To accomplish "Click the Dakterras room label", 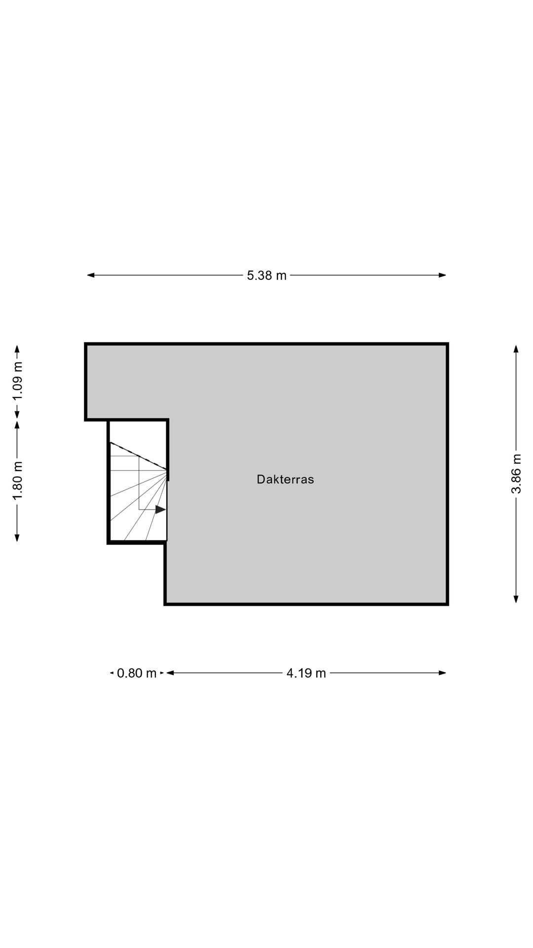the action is point(285,479).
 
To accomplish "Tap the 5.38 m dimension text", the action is point(266,276).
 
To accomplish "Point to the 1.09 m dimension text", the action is point(17,382).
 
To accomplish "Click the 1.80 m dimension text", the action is point(17,481).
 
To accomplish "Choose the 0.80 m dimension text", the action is point(137,673).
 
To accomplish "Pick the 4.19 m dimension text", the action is point(306,673).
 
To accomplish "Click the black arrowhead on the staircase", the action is point(160,510).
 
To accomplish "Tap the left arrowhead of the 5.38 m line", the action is point(91,275).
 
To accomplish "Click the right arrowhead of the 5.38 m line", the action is point(443,275).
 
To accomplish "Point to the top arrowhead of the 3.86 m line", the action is point(516,349).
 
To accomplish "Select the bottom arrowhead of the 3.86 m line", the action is point(516,599).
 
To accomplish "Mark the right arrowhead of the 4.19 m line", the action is point(443,672).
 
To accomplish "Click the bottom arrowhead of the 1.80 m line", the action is point(17,538).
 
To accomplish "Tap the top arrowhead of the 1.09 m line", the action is point(17,349).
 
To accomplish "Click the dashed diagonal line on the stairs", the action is point(139,456).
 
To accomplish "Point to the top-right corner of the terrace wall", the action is point(448,344).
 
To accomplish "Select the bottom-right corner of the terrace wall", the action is point(448,604).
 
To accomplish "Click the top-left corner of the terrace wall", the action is point(86,344).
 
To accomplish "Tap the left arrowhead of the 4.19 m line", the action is point(170,672).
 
